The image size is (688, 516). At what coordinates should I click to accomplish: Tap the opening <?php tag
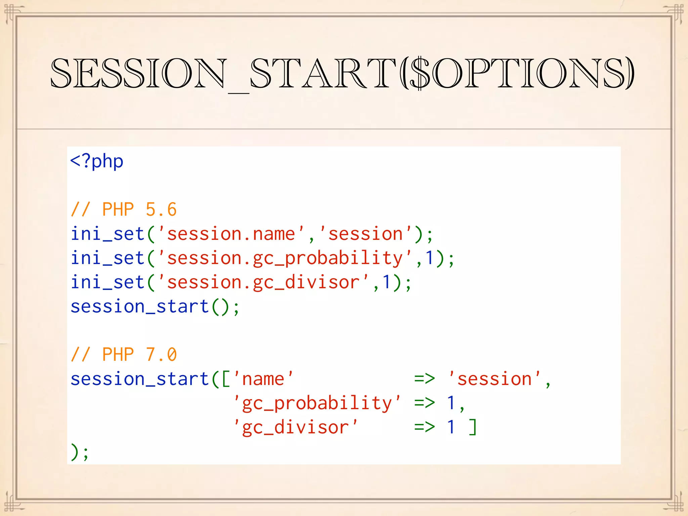[97, 162]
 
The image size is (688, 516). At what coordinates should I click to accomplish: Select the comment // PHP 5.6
[124, 210]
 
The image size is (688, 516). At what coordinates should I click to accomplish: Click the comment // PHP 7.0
[124, 355]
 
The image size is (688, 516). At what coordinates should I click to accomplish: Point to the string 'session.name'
[231, 234]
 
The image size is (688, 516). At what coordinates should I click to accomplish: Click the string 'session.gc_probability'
[285, 258]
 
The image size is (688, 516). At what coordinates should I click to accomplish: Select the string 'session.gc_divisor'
[263, 283]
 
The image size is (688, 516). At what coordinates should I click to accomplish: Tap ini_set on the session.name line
[107, 234]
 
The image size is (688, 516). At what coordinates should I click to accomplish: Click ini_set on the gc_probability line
[107, 258]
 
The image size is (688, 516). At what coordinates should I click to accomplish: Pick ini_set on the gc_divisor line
[107, 283]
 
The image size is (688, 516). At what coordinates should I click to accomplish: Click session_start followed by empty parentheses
[140, 307]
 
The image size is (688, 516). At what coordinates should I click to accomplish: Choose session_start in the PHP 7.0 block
[140, 379]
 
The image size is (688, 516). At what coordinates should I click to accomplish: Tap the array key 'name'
[263, 379]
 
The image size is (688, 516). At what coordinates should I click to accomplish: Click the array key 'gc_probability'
[317, 403]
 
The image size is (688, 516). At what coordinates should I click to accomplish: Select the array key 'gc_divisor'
[296, 427]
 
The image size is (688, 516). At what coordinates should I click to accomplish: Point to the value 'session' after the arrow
[494, 379]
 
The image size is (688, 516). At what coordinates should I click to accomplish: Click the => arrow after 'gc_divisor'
[425, 427]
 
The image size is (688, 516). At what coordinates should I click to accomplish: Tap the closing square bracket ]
[473, 427]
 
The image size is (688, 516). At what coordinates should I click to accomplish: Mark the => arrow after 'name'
[425, 379]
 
